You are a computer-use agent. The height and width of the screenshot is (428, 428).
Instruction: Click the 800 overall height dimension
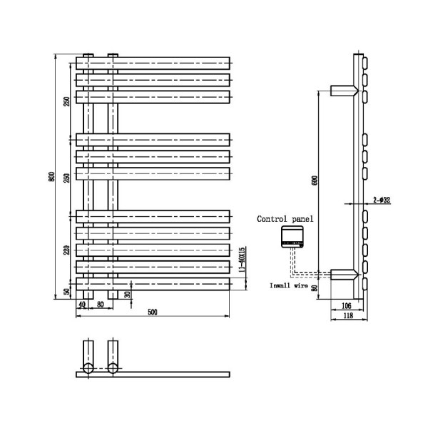coord(51,178)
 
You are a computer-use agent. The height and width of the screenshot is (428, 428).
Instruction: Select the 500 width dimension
coord(153,310)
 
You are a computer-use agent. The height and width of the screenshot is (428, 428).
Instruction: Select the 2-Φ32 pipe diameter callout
coord(381,201)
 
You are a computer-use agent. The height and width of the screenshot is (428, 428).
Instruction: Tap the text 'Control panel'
coord(285,219)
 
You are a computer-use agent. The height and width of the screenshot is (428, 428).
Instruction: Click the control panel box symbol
coord(292,236)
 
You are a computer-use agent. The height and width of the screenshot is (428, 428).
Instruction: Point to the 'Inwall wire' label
coord(288,285)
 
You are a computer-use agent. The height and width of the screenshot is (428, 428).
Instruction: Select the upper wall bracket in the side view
coord(343,90)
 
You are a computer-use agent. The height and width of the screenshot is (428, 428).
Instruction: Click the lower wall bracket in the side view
coord(343,274)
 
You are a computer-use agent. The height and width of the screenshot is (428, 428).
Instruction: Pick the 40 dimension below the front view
coord(82,305)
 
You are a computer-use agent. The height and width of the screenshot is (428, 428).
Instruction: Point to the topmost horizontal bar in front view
coord(153,62)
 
